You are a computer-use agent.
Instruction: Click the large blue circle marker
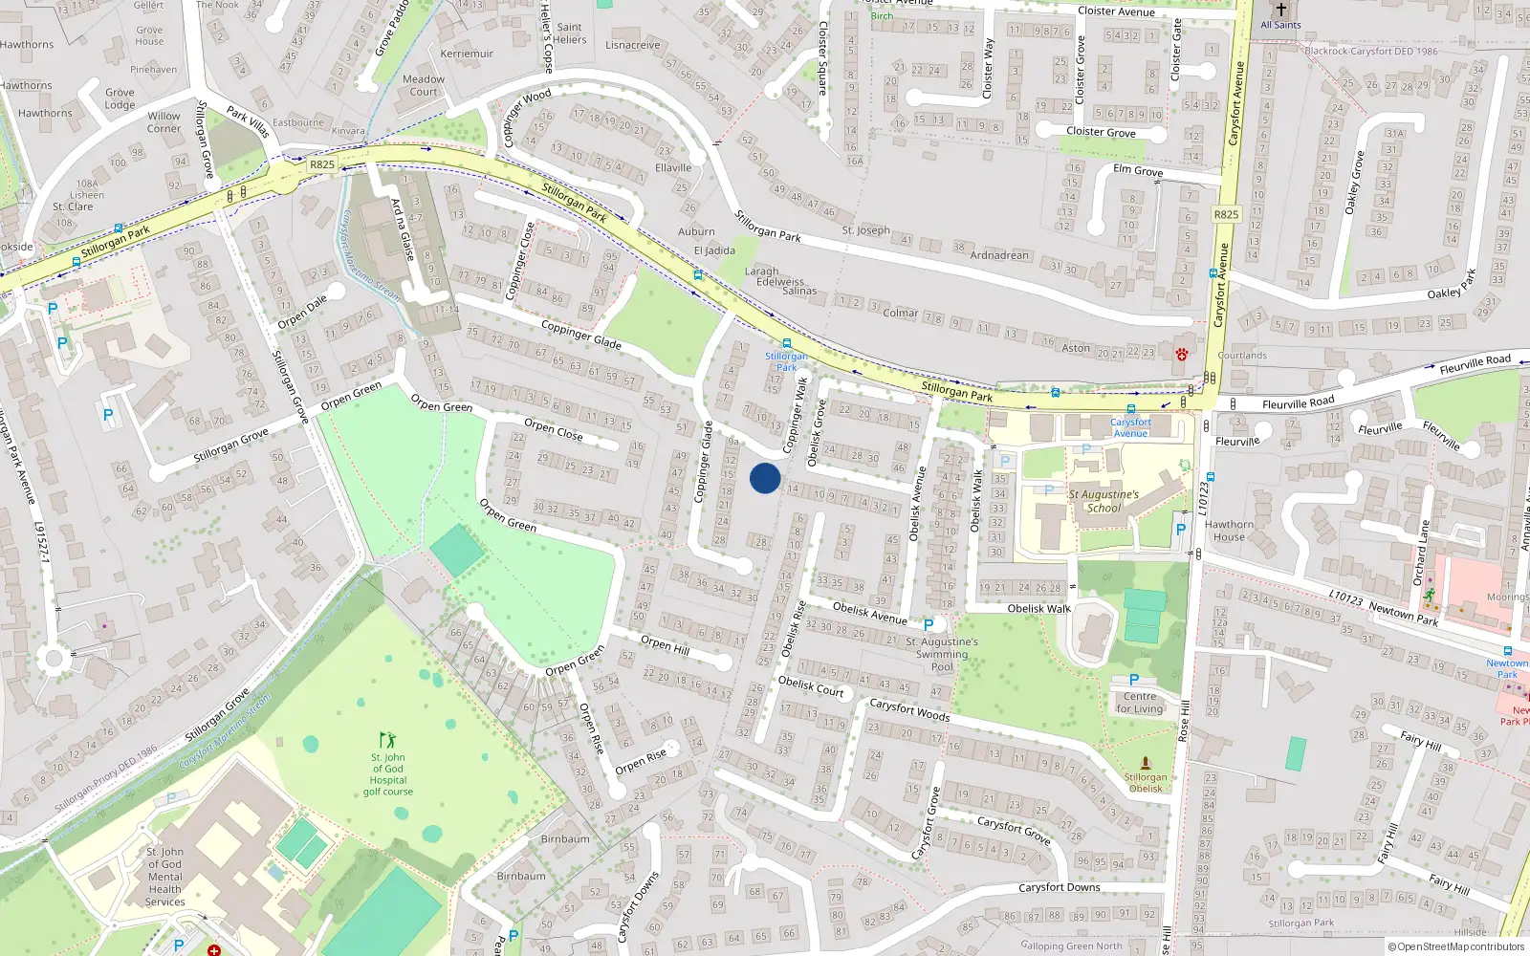click(765, 478)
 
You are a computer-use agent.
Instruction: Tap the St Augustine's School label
click(1104, 501)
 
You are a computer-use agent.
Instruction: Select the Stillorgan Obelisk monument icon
click(1146, 764)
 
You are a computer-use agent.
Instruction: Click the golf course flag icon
click(387, 740)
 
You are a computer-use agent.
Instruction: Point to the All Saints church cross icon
click(1280, 10)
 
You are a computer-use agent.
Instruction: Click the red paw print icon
click(1182, 354)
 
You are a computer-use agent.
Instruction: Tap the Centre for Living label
click(1140, 703)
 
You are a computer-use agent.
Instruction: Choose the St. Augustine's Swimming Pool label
click(942, 654)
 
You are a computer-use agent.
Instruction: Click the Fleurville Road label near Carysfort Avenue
click(1298, 403)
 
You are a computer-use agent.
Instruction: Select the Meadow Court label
click(423, 86)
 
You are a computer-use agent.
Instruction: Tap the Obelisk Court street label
click(811, 685)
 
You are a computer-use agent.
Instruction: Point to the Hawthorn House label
click(1229, 531)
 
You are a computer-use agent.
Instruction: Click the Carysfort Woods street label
click(908, 709)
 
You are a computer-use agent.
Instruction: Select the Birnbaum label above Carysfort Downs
click(565, 839)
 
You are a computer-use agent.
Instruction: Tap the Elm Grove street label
click(1138, 170)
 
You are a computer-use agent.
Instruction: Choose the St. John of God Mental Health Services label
click(165, 877)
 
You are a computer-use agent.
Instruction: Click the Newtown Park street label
click(1403, 614)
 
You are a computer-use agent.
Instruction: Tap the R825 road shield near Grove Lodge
click(322, 164)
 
